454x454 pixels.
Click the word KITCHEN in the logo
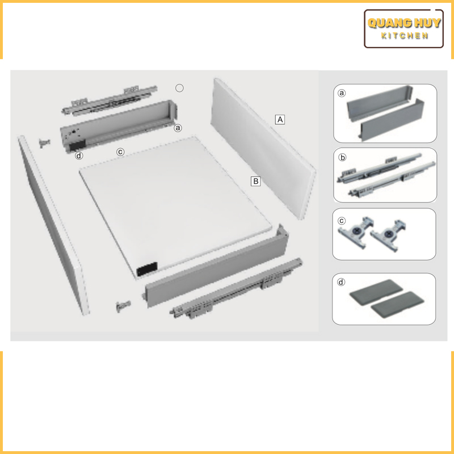point(404,36)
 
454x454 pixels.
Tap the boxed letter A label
point(280,119)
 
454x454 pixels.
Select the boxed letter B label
point(256,181)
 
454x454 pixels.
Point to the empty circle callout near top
point(179,88)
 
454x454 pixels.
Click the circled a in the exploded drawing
point(178,128)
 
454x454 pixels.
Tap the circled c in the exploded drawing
point(120,152)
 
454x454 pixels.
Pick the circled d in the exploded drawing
point(79,155)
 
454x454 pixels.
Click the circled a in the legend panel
point(342,93)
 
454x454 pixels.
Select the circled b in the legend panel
point(342,157)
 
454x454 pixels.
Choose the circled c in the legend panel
point(342,221)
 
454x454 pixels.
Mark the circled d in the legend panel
point(342,282)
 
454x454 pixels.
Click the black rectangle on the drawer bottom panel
point(147,269)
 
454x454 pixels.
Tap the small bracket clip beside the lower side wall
point(123,306)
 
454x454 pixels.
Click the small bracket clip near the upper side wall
point(44,143)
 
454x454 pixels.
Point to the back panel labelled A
point(263,149)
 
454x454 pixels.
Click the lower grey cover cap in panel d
point(397,305)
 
